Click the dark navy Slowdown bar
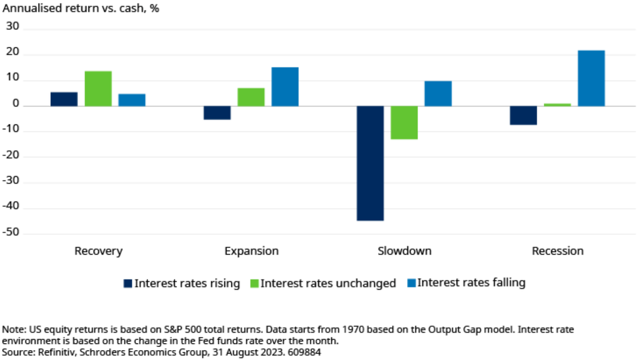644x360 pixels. point(370,163)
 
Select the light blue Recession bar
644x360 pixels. point(591,79)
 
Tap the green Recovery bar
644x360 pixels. point(98,88)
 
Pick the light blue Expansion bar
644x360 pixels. point(285,87)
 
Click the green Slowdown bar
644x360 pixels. point(404,123)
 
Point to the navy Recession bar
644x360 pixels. point(523,116)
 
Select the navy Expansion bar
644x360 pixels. point(217,113)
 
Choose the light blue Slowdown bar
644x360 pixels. point(438,94)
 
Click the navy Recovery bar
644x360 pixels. point(64,99)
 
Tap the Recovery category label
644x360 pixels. point(98,251)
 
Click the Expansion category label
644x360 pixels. point(252,251)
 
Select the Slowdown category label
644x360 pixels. point(404,251)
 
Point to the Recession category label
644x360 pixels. point(557,251)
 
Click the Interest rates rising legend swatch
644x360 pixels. point(128,283)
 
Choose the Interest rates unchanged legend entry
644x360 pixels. point(327,283)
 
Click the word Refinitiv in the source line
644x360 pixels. point(57,352)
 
